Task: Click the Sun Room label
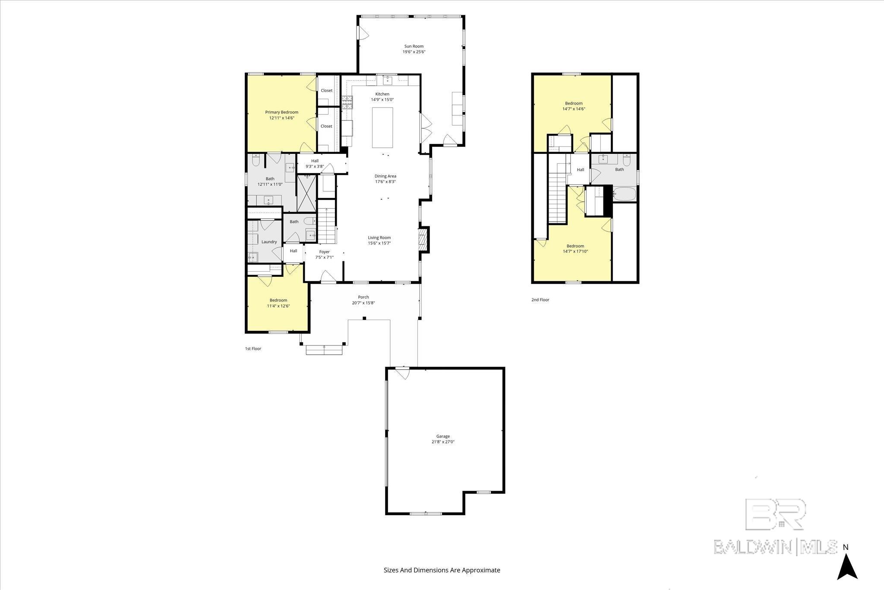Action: pos(414,46)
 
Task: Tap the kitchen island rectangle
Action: pos(382,127)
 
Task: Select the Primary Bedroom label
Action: pos(281,112)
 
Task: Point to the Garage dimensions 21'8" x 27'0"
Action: pos(442,442)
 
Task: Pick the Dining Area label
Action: pos(385,176)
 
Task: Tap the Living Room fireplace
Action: pos(423,239)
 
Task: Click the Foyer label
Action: pos(324,252)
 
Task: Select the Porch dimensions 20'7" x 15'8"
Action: pos(363,303)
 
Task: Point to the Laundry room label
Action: pos(269,242)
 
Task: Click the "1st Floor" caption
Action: pos(253,349)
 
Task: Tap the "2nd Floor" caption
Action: pos(540,300)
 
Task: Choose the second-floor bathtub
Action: pos(624,194)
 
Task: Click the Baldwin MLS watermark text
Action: pos(775,546)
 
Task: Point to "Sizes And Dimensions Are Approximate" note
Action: pos(442,570)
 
